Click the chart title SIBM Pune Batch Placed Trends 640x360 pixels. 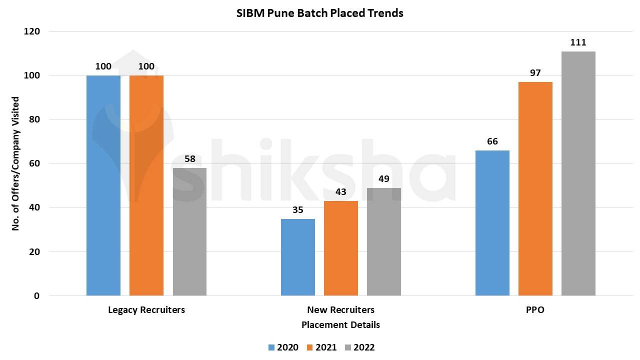click(320, 13)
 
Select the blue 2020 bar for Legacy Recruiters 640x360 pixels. click(103, 185)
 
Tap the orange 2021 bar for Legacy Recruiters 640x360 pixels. click(146, 185)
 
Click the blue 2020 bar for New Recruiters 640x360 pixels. click(298, 257)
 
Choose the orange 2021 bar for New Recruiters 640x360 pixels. click(341, 248)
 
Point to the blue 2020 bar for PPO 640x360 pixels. click(492, 222)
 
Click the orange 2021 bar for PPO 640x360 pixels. click(535, 188)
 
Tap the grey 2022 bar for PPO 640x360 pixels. click(578, 173)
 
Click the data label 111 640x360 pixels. click(578, 42)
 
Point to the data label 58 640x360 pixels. click(189, 159)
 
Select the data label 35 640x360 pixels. click(298, 210)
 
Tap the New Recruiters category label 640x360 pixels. click(340, 310)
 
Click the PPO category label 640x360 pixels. click(535, 310)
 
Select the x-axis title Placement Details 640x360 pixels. click(340, 325)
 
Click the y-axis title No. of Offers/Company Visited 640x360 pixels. click(15, 163)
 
